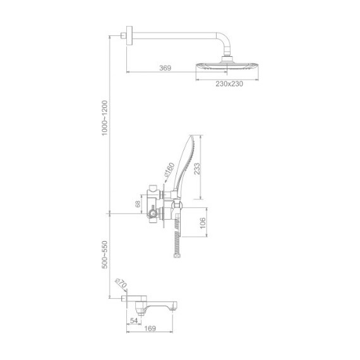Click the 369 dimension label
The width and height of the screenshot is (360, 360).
[165, 68]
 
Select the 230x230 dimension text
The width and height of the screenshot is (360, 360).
[229, 84]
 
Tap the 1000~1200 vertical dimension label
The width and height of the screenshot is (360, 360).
[105, 118]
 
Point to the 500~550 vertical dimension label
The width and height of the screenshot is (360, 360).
[105, 255]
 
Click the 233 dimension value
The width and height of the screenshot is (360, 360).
[197, 169]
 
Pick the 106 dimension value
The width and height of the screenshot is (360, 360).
[203, 223]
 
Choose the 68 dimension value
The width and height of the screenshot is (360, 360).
[138, 204]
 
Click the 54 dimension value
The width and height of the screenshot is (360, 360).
[134, 321]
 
